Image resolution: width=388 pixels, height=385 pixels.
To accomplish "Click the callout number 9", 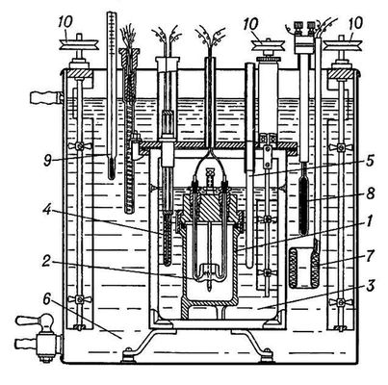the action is [x=48, y=161].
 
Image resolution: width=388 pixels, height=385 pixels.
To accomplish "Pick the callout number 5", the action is [x=370, y=161].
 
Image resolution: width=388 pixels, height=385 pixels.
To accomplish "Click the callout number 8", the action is [x=370, y=193].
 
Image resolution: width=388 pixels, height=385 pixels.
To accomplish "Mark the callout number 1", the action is [x=370, y=220].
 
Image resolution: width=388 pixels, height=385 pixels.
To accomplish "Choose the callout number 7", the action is [x=370, y=256].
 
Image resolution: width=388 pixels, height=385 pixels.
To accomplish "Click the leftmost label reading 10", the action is [x=65, y=22].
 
